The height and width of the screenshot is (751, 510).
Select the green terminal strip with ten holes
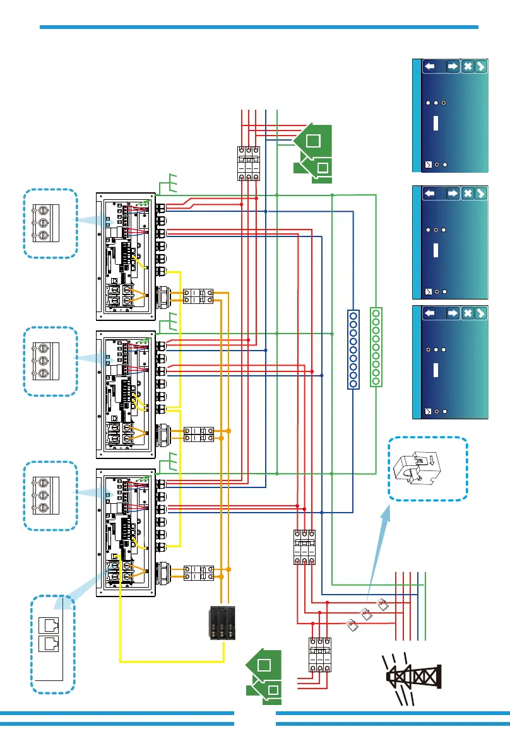[x=376, y=346]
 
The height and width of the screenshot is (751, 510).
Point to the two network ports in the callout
[x=48, y=633]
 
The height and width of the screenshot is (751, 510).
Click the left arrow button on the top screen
[x=430, y=67]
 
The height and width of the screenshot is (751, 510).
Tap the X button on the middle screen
[x=467, y=193]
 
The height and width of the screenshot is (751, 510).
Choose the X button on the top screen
[x=467, y=67]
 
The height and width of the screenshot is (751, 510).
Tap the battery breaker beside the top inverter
[x=198, y=296]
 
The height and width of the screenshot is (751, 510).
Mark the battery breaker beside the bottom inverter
[x=198, y=573]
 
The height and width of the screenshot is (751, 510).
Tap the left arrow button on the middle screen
[x=430, y=193]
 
